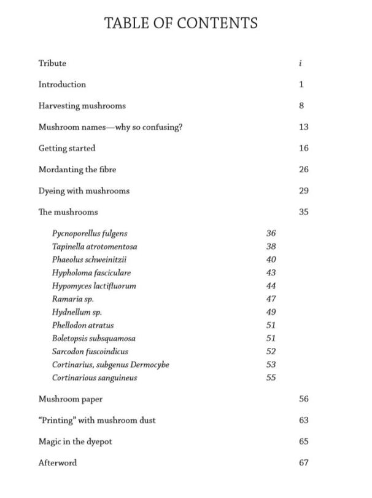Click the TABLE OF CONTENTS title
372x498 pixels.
(180, 23)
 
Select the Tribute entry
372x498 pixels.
(52, 63)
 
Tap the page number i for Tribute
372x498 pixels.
(300, 63)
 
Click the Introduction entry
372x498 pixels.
(62, 84)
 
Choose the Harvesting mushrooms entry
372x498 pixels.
(82, 106)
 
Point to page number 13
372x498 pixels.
(303, 127)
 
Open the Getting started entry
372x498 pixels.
(67, 148)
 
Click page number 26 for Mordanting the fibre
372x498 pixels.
(303, 170)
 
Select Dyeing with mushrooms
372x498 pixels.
(84, 191)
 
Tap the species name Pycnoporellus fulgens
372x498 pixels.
(90, 234)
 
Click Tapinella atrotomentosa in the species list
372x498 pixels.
(95, 247)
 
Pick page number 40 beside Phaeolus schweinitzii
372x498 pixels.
(271, 259)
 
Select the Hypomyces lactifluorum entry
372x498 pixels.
(94, 286)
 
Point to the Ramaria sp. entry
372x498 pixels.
(73, 299)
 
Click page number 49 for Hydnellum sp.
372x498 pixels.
(271, 312)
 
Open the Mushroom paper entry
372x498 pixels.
(71, 399)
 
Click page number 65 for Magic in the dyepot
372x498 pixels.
(303, 441)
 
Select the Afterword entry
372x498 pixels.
(58, 463)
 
